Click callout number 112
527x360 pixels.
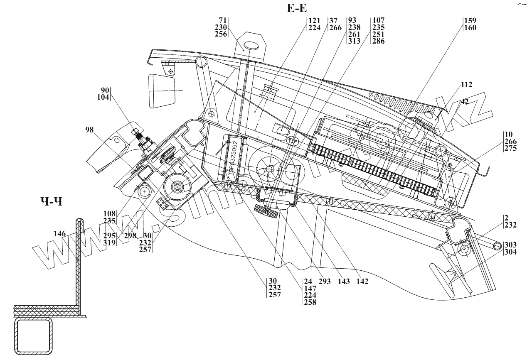(466, 85)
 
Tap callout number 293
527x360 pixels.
(325, 282)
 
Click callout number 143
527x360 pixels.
(344, 282)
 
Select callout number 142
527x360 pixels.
(362, 282)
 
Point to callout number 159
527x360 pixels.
(470, 21)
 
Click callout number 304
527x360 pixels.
(511, 251)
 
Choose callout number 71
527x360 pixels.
(224, 20)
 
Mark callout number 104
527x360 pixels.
(103, 97)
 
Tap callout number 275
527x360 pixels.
(511, 149)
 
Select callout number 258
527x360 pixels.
(310, 302)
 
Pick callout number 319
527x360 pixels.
(110, 242)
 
